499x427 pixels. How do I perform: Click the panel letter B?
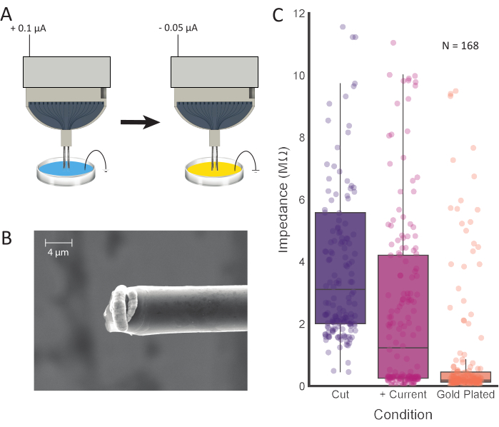pos(8,238)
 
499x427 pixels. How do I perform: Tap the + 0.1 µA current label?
pos(30,28)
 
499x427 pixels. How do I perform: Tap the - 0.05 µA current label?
pos(178,28)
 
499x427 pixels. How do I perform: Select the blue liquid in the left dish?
pos(61,169)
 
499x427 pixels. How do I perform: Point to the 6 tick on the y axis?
pos(302,200)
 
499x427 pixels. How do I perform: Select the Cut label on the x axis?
pos(341,395)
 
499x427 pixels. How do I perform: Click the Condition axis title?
pos(403,414)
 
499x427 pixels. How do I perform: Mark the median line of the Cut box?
pos(341,289)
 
